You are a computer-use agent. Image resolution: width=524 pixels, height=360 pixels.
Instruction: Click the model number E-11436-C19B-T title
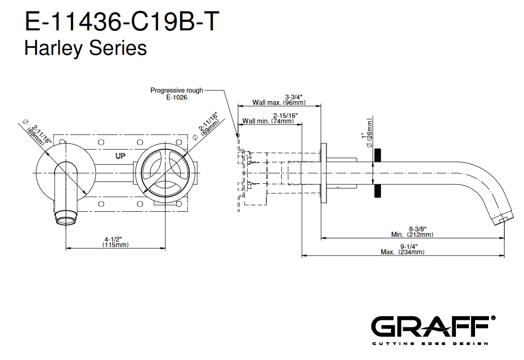pyautogui.click(x=120, y=22)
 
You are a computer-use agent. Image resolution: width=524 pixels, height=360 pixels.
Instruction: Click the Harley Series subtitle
pyautogui.click(x=85, y=48)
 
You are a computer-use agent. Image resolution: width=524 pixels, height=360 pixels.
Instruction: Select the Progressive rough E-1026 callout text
pyautogui.click(x=176, y=94)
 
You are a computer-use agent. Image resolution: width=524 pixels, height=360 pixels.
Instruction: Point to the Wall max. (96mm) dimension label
pyautogui.click(x=279, y=100)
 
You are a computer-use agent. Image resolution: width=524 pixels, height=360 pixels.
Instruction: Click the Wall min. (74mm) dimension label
pyautogui.click(x=268, y=118)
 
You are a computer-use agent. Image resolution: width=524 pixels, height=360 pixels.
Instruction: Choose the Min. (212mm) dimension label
pyautogui.click(x=412, y=232)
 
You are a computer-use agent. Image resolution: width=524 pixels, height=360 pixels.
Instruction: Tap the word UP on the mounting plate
pyautogui.click(x=120, y=156)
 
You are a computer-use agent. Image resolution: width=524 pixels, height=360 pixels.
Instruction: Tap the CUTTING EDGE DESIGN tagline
pyautogui.click(x=429, y=344)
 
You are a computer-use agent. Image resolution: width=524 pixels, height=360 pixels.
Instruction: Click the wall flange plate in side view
pyautogui.click(x=323, y=173)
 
